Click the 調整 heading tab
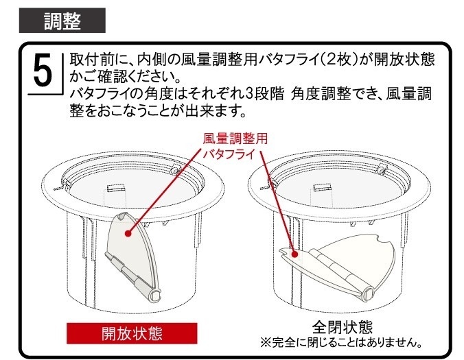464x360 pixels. click(x=62, y=21)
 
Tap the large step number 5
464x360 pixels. click(x=43, y=71)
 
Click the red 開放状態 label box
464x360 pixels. click(x=132, y=333)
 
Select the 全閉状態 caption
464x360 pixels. click(x=343, y=327)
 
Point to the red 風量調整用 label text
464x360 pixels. click(x=235, y=139)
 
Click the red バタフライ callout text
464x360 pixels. click(x=229, y=154)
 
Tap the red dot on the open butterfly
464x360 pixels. click(x=128, y=234)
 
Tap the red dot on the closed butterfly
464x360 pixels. click(x=294, y=254)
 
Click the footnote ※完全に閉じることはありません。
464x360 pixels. click(x=341, y=343)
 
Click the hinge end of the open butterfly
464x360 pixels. click(x=156, y=296)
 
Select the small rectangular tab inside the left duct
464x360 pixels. click(x=115, y=188)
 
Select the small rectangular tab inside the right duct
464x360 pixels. click(x=322, y=187)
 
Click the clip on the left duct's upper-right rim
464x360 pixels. click(x=175, y=169)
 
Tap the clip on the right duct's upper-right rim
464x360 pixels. click(x=382, y=169)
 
